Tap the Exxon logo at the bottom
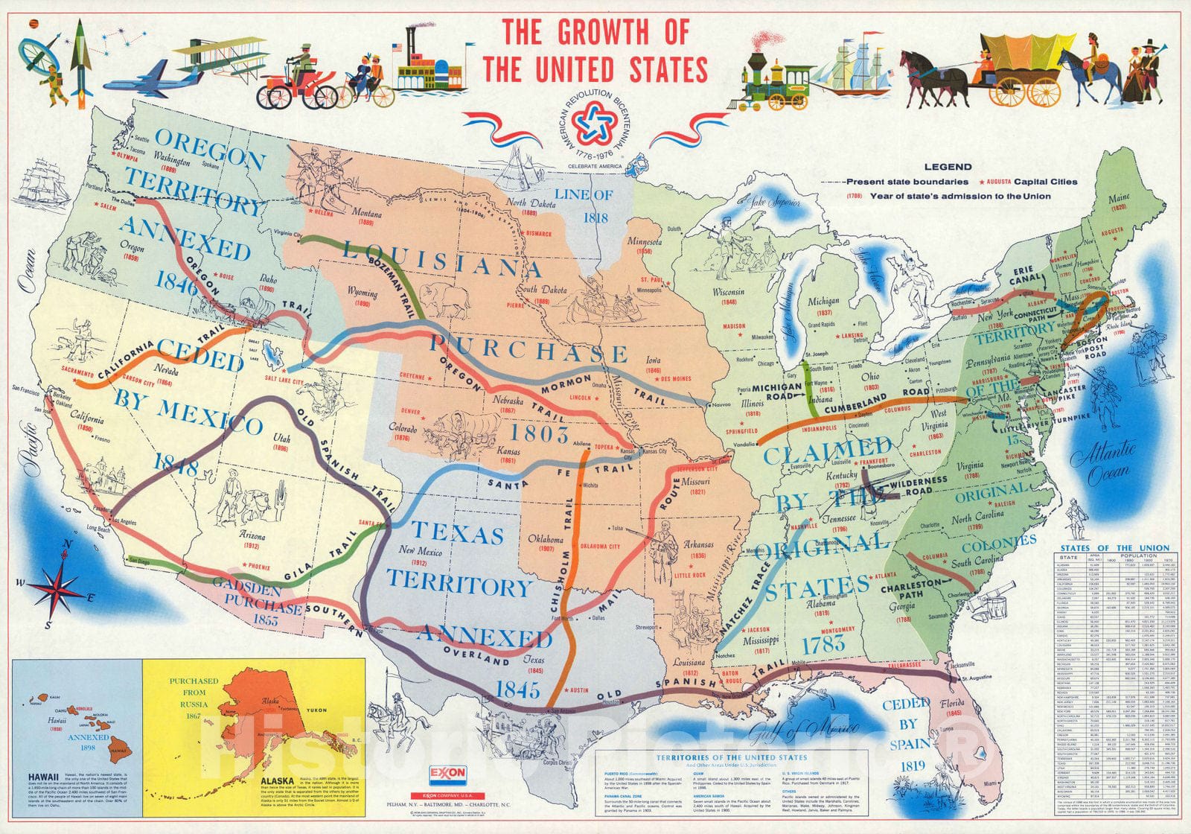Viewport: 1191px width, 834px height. point(447,774)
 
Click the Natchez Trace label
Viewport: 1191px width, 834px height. point(752,603)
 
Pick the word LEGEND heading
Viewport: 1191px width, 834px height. point(948,167)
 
